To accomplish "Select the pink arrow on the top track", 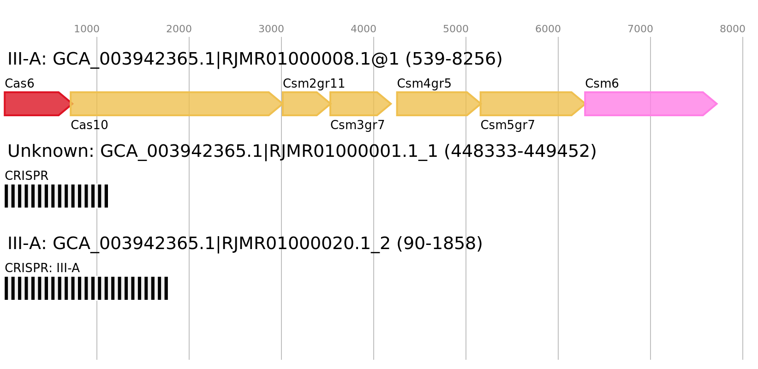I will click(x=646, y=104).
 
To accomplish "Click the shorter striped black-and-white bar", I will click(x=56, y=196).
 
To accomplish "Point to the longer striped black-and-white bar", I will click(x=86, y=288).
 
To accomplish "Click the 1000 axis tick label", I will click(x=87, y=29).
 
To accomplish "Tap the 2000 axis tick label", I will click(x=179, y=29).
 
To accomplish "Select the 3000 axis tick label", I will click(x=271, y=29).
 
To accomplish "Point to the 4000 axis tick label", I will click(x=364, y=29).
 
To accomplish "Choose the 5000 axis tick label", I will click(x=456, y=29).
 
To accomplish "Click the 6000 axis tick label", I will click(x=548, y=29).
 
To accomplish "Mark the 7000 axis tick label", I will click(x=640, y=29).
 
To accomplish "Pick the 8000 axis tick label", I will click(x=733, y=29).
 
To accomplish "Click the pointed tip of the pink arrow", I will click(x=716, y=104).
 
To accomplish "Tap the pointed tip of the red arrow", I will click(x=72, y=104).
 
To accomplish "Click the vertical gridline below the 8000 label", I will click(x=743, y=208).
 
